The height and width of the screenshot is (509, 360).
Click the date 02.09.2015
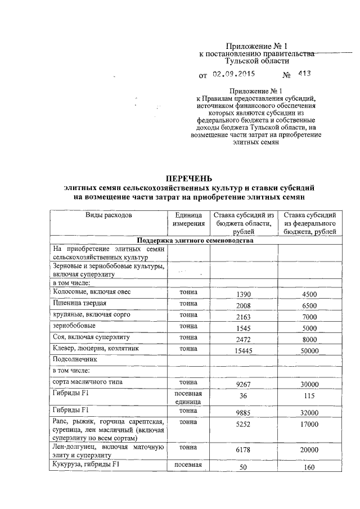pos(233,74)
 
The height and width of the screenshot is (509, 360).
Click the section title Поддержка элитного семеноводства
pos(195,241)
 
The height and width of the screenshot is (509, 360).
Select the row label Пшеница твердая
pos(80,304)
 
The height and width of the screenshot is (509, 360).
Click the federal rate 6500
pos(309,305)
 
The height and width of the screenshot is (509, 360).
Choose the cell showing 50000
pos(309,350)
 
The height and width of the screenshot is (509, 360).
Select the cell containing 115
pos(309,396)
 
